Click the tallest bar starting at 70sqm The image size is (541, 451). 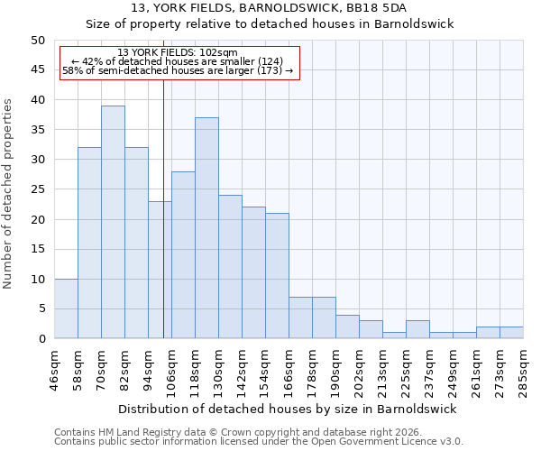pyautogui.click(x=113, y=222)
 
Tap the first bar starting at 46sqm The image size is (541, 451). pyautogui.click(x=66, y=308)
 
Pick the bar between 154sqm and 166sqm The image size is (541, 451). pyautogui.click(x=277, y=276)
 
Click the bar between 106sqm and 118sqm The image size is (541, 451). pyautogui.click(x=183, y=255)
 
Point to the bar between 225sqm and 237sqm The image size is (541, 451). pyautogui.click(x=417, y=329)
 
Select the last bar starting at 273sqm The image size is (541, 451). pyautogui.click(x=511, y=332)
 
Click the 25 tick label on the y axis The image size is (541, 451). pyautogui.click(x=37, y=189)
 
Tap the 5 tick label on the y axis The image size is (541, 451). pyautogui.click(x=41, y=309)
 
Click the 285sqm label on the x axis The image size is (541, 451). pyautogui.click(x=523, y=369)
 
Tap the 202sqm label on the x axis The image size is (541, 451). pyautogui.click(x=359, y=369)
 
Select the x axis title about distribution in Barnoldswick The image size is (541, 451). pyautogui.click(x=288, y=409)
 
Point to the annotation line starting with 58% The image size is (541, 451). pyautogui.click(x=178, y=70)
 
